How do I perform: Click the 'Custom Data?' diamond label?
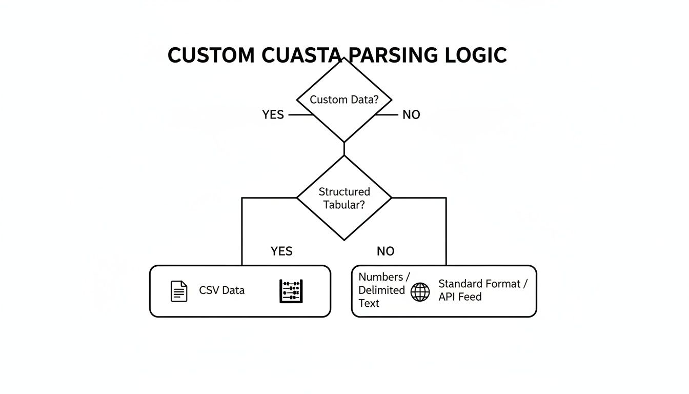(344, 100)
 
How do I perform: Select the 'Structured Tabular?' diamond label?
(344, 198)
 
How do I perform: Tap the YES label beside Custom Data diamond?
(273, 115)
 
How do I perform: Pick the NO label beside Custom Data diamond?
(411, 115)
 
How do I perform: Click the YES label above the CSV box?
(281, 251)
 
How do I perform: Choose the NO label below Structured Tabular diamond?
(386, 251)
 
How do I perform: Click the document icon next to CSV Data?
(179, 291)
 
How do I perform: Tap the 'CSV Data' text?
(221, 290)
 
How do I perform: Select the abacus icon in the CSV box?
(291, 291)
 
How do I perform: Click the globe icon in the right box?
(420, 292)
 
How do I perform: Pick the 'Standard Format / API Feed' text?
(482, 290)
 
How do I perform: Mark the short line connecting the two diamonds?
(344, 148)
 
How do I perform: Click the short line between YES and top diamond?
(300, 115)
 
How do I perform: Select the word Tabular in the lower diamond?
(344, 205)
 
